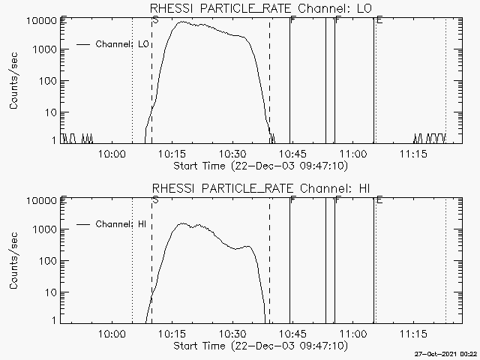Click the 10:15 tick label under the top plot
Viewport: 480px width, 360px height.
172,154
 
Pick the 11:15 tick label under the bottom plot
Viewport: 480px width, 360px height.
413,334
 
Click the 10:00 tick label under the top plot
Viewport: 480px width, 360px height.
111,154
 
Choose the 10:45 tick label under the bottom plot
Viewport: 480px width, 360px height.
292,334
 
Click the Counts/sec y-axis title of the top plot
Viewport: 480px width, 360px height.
14,81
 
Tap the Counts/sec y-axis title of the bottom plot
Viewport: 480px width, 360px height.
14,261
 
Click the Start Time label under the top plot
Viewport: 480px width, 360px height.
259,166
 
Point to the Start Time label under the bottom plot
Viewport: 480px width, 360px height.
259,346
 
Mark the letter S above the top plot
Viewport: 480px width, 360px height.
154,19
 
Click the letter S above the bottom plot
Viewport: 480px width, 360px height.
154,199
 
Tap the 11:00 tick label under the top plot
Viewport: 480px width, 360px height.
353,154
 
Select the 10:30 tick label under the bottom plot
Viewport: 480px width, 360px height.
232,334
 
